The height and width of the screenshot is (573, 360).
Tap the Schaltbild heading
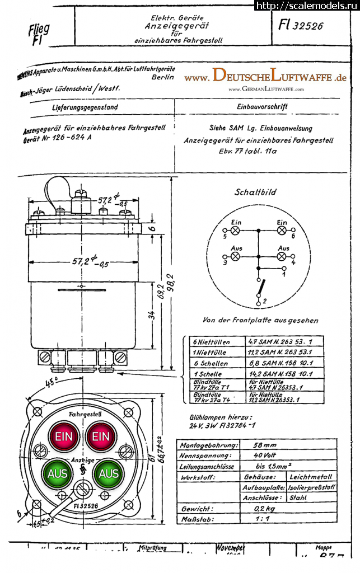tap(255, 192)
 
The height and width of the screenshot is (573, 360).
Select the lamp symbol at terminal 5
tap(235, 230)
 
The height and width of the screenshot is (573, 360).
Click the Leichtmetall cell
tap(310, 477)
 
